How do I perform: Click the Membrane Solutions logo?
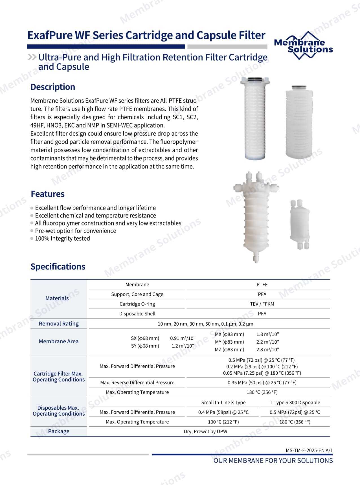303,46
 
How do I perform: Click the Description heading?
53,87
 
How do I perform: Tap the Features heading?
48,194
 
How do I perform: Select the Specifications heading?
58,267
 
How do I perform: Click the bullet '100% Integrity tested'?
62,239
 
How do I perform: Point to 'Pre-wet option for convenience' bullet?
75,231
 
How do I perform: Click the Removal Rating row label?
59,324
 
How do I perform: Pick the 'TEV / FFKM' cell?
262,304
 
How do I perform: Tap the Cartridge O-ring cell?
137,304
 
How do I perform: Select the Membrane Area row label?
59,341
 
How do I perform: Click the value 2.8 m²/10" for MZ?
267,350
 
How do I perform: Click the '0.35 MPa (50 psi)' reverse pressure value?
262,383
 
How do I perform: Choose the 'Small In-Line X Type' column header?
223,403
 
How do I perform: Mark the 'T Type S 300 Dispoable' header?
295,403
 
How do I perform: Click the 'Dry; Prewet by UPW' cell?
205,432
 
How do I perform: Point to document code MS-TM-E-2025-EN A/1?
309,451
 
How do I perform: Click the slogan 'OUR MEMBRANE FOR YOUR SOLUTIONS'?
273,461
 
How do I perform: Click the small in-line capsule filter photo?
299,225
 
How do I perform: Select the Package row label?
59,431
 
